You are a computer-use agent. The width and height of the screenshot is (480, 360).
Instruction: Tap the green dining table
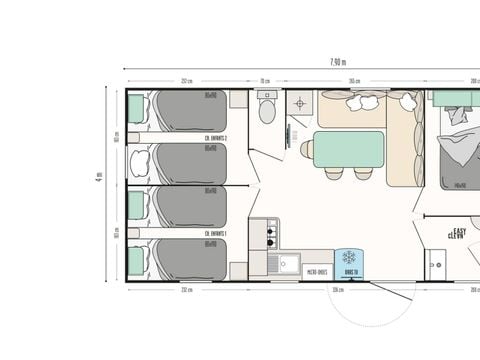[x=348, y=148]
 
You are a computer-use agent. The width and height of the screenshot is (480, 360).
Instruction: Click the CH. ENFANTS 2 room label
[x=216, y=138]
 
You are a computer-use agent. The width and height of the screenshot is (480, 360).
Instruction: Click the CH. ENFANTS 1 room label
[x=216, y=233]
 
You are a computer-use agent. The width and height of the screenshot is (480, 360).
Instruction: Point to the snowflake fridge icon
[x=350, y=258]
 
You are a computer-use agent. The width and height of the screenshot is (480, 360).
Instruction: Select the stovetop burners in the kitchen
[x=269, y=236]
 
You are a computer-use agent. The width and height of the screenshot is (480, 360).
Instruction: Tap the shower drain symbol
[x=300, y=103]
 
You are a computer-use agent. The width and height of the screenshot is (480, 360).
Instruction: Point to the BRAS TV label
[x=350, y=271]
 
